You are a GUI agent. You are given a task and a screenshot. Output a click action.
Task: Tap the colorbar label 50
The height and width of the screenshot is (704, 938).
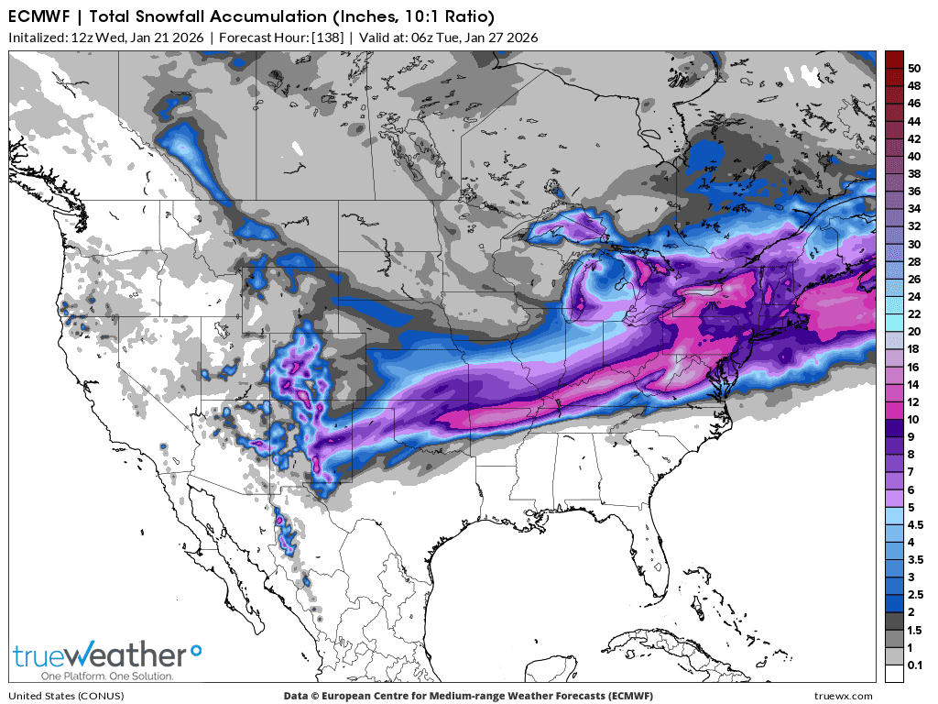pos(913,69)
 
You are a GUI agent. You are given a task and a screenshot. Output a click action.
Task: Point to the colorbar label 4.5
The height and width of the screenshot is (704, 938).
pos(915,525)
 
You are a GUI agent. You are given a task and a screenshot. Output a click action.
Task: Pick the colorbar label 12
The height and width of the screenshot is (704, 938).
pos(913,401)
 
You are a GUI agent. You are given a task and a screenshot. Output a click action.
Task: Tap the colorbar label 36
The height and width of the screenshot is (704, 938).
pos(913,192)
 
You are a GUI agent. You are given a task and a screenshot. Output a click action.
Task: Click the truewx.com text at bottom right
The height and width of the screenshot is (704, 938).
pos(843,696)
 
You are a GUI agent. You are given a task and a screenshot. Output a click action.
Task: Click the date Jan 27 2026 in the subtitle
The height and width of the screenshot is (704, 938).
pos(500,38)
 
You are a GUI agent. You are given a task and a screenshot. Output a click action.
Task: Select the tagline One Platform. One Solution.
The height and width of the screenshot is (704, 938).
pos(93,676)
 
